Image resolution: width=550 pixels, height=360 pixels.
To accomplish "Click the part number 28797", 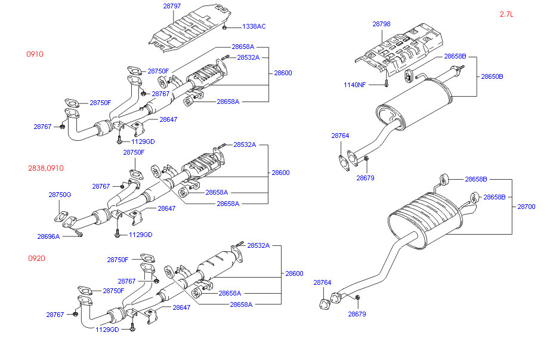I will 172,6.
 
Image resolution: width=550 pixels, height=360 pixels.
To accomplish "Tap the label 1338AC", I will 254,27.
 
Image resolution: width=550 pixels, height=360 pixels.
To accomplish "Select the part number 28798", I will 381,24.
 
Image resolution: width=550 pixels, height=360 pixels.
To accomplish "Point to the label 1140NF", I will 355,85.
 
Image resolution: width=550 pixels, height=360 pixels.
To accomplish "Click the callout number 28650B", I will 492,76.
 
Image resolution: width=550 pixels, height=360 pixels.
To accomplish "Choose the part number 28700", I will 526,207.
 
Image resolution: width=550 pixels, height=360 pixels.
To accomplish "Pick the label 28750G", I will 60,195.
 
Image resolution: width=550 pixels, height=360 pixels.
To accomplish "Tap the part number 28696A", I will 48,236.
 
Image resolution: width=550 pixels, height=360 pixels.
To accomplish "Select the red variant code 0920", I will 36,259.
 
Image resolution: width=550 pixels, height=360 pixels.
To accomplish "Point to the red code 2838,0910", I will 45,169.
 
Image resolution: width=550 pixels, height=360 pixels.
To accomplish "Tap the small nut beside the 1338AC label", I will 224,27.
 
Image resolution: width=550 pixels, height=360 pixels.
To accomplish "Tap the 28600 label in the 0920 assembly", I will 293,273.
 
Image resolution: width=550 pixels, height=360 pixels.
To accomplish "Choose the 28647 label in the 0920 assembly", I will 181,307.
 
